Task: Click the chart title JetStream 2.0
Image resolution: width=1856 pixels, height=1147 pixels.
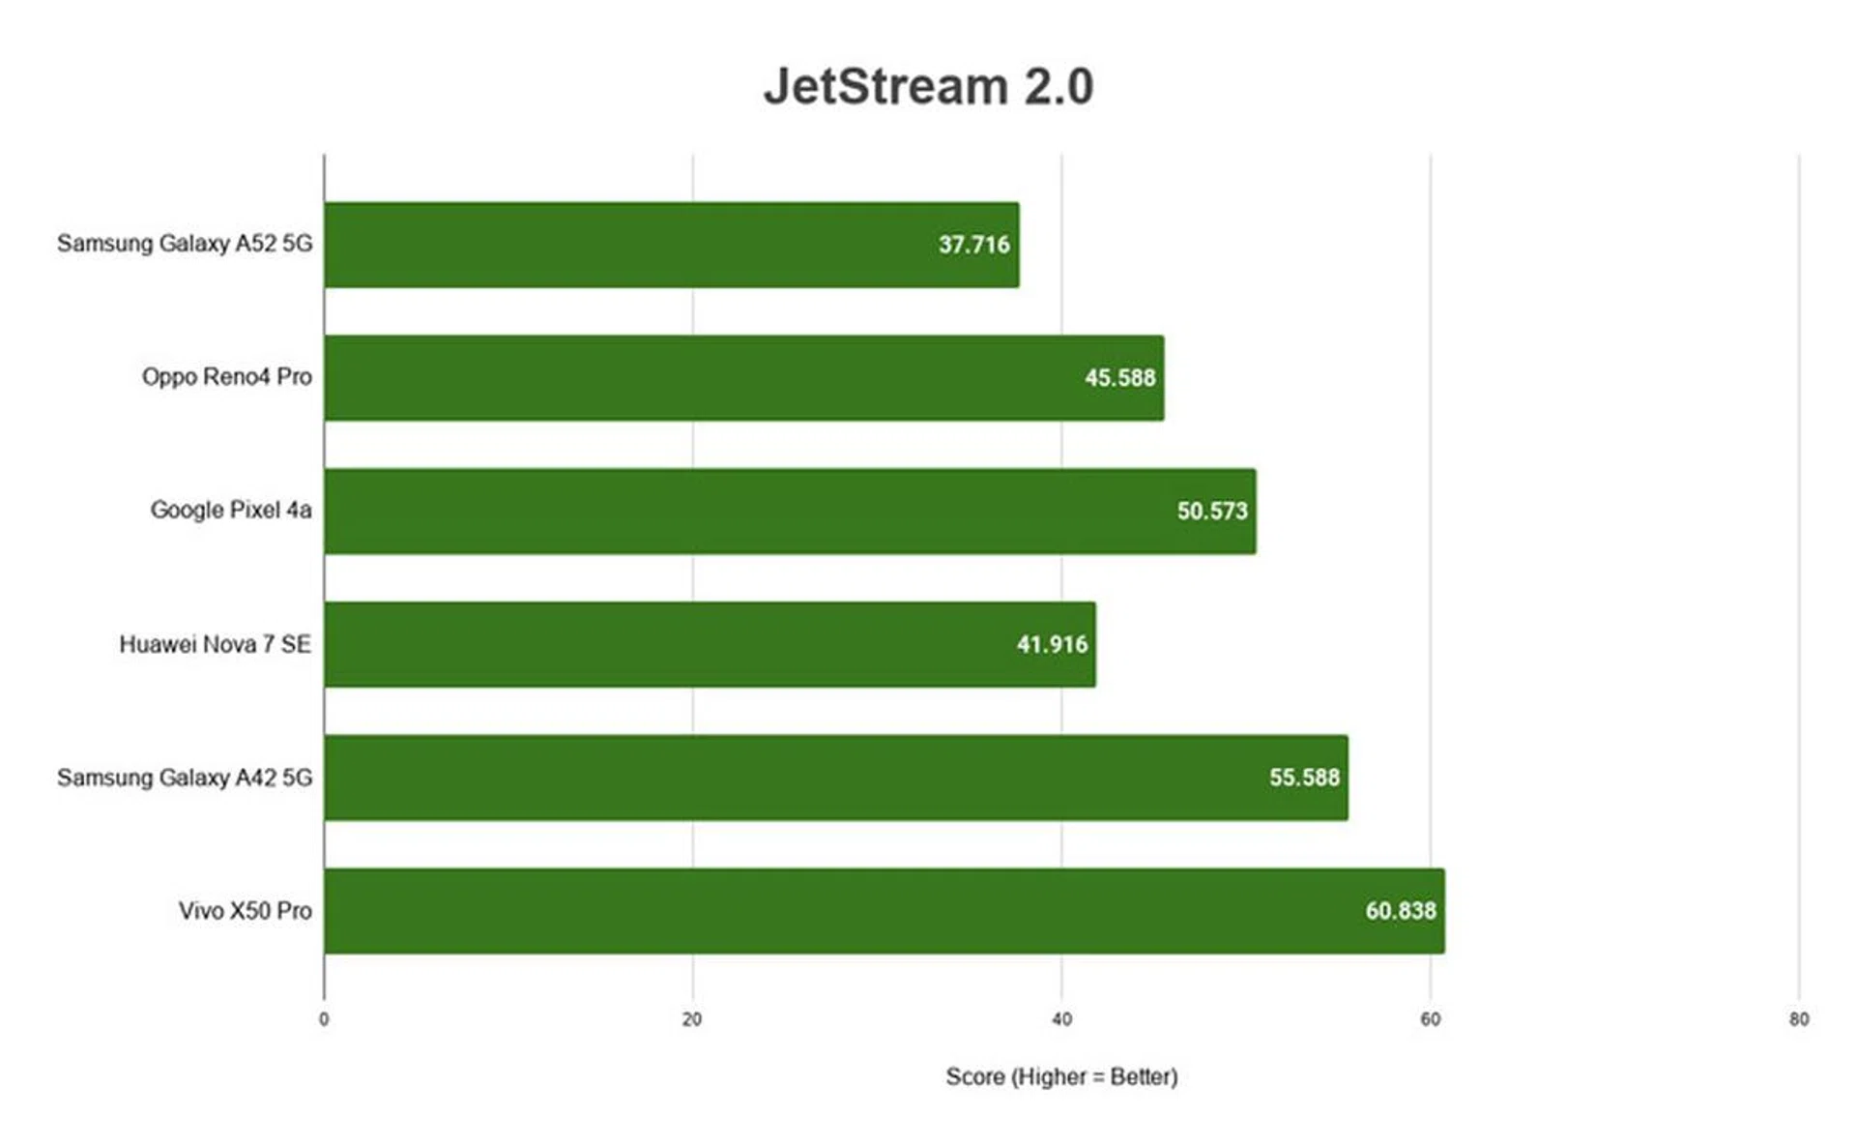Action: pos(928,86)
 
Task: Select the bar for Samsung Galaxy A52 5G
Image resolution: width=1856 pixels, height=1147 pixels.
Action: pos(628,245)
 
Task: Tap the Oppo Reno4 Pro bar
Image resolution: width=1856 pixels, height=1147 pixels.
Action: pos(696,378)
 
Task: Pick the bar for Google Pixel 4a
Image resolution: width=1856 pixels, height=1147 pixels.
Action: pos(744,512)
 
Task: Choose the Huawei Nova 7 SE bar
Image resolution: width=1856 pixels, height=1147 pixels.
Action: pos(667,645)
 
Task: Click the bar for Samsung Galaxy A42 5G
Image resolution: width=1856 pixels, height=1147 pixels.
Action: pos(793,778)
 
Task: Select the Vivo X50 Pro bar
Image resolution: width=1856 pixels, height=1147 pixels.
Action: pos(841,911)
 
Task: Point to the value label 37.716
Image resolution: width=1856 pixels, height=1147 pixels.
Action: pos(973,245)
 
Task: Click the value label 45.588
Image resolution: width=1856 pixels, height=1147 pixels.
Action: pos(1119,378)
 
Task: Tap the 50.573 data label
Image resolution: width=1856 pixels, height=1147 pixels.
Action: pos(1211,512)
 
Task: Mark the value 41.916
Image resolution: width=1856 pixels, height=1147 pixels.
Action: pos(1052,645)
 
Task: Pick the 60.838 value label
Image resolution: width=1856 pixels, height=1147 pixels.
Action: pos(1400,911)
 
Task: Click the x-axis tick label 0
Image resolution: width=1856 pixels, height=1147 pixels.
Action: pos(324,1019)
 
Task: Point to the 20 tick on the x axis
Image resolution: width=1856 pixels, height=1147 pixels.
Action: pos(692,1019)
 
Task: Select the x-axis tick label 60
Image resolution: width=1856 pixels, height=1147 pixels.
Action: pos(1430,1019)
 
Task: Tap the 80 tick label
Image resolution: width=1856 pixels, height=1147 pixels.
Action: pos(1798,1019)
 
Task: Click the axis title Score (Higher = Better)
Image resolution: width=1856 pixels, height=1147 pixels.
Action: pos(1061,1077)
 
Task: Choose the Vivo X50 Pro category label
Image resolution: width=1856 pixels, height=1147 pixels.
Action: pos(245,911)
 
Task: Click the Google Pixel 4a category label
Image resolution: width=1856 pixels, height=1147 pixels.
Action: pos(230,511)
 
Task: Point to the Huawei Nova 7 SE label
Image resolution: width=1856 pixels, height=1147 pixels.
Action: pos(215,644)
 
